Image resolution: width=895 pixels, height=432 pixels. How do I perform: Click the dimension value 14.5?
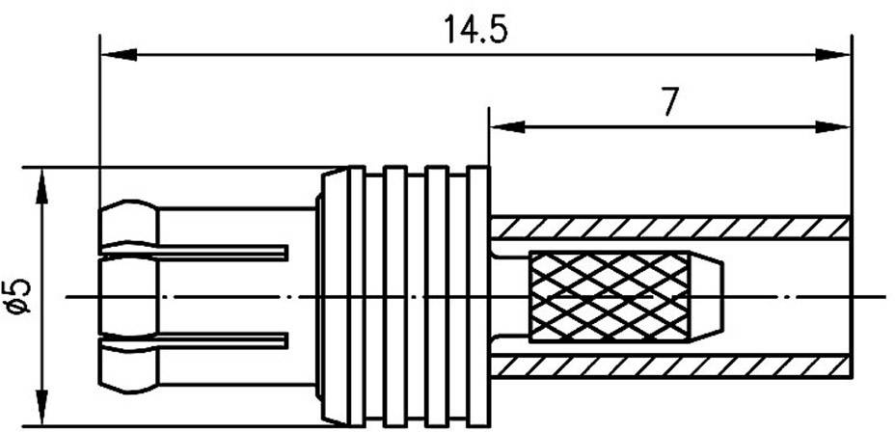pyautogui.click(x=475, y=30)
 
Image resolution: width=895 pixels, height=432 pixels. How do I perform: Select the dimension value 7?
pyautogui.click(x=668, y=102)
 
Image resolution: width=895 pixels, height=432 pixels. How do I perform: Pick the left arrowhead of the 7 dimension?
pyautogui.click(x=504, y=125)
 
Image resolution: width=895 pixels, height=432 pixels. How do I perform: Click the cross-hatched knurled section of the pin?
pyautogui.click(x=608, y=295)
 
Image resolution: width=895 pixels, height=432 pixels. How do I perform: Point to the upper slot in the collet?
pyautogui.click(x=222, y=253)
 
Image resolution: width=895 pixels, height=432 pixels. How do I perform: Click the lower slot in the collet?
pyautogui.click(x=222, y=338)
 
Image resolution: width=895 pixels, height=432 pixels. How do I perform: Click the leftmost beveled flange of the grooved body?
pyautogui.click(x=332, y=294)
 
